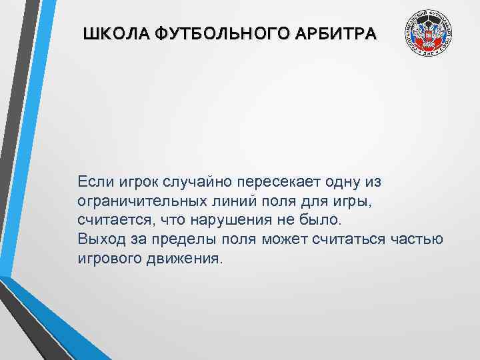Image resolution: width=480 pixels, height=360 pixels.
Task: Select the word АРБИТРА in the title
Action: coord(338,33)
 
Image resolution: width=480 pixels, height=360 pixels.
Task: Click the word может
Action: coord(281,239)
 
